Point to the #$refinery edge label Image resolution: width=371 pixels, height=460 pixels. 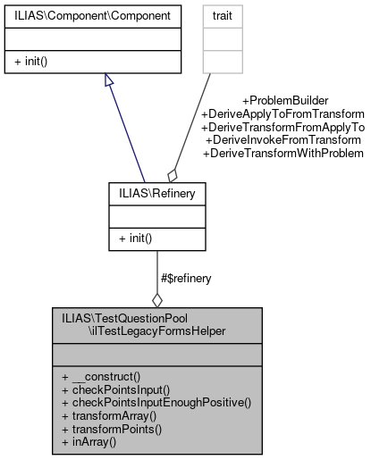click(x=186, y=279)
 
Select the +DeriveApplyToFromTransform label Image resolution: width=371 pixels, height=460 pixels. click(x=282, y=113)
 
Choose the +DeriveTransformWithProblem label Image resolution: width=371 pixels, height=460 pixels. click(x=282, y=154)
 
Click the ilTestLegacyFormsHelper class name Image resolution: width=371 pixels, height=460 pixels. click(x=156, y=330)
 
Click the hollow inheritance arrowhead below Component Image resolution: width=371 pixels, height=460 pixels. click(x=108, y=80)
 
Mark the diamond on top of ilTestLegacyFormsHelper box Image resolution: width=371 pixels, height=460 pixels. click(x=157, y=299)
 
